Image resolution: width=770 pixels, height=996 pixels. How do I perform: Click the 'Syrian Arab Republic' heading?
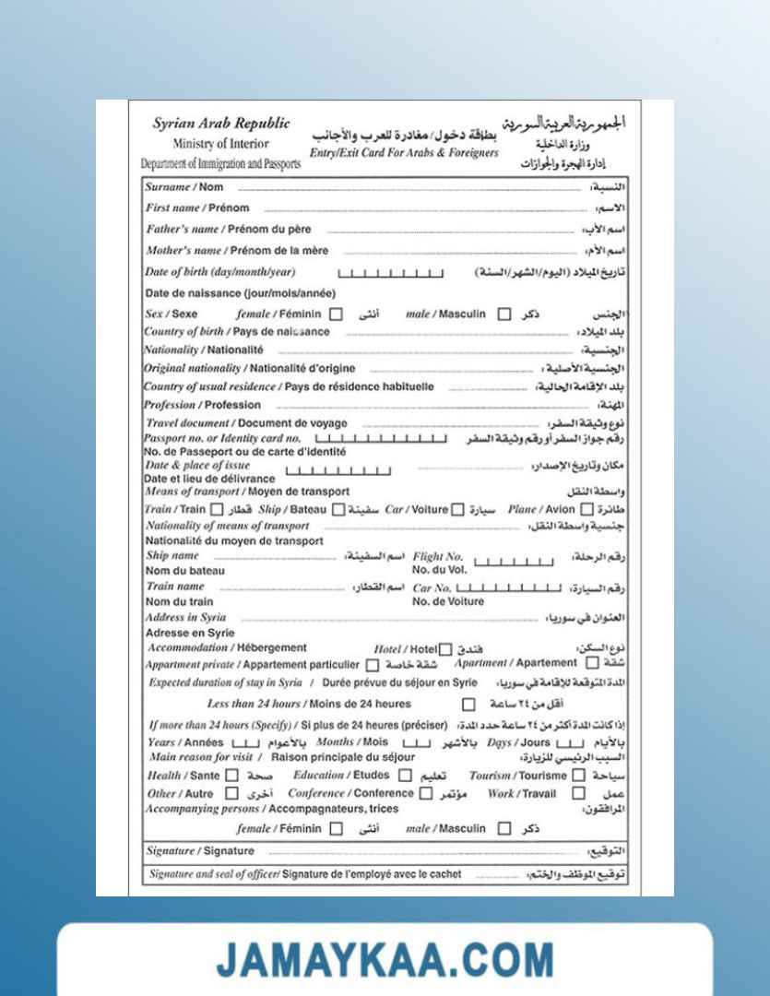coord(220,124)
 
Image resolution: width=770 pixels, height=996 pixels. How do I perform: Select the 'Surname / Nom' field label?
coord(182,186)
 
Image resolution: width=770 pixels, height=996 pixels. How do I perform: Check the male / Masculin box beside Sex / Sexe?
coord(503,314)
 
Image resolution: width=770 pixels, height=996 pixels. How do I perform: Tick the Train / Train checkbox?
coord(217,510)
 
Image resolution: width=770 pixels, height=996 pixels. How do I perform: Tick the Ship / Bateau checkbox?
coord(338,510)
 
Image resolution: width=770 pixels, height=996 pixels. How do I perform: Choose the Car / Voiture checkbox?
coord(456,510)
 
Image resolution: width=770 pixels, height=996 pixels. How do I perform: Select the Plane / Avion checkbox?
coord(585,510)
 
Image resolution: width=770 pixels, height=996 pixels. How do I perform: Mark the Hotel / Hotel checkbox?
coord(446,648)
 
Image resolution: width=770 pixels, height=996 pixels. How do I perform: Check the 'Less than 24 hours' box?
coord(468,705)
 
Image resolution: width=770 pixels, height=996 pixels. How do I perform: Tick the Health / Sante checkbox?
coord(231,776)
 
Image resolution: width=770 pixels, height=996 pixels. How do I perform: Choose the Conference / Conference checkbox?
coord(425,793)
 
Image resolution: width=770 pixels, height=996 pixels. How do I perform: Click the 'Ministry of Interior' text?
coord(220,144)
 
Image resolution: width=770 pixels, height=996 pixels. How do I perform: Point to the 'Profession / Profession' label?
coord(203,405)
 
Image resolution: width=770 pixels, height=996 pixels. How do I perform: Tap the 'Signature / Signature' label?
coord(199,850)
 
